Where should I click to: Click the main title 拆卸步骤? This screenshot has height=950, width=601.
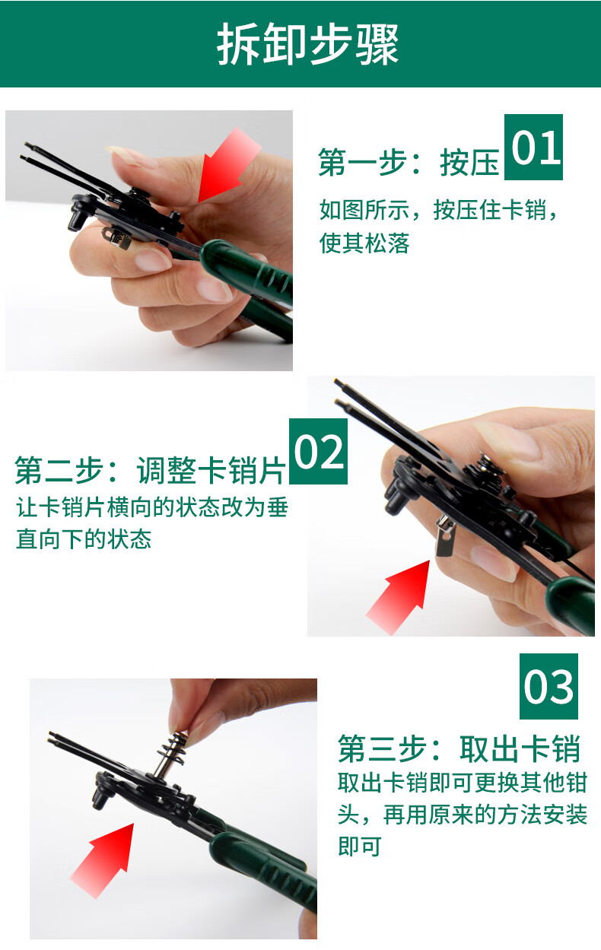pos(308,43)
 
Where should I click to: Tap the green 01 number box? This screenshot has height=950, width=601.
pos(533,147)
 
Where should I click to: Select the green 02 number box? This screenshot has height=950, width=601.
pos(318,451)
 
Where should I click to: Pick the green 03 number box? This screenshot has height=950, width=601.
pos(549,686)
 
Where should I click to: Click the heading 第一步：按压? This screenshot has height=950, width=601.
pos(409,163)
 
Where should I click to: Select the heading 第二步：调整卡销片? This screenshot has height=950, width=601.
pos(150,470)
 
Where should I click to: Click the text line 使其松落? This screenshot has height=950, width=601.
pos(364,243)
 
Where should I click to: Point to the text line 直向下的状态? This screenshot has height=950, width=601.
pos(84,539)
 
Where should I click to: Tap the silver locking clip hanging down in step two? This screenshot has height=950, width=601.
pos(445,537)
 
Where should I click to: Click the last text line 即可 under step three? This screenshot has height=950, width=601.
pos(359,856)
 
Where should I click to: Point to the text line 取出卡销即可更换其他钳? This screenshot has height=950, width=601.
pos(463,783)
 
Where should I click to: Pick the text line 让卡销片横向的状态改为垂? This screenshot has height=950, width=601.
pos(152,507)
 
